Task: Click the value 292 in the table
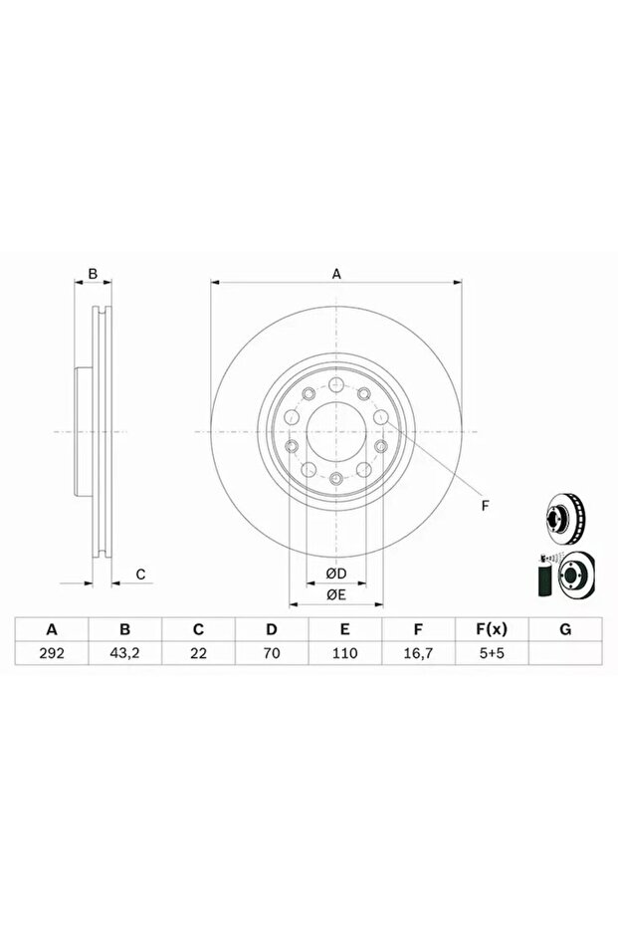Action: click(52, 655)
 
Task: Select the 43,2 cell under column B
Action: click(125, 655)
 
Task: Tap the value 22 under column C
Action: click(198, 655)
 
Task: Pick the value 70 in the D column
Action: click(271, 655)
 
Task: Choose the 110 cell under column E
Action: click(344, 655)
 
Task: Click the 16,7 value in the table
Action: click(418, 655)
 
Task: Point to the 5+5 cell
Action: click(492, 655)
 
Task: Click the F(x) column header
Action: click(492, 629)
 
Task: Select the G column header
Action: click(564, 629)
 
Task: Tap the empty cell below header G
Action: click(564, 655)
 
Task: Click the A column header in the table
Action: click(52, 629)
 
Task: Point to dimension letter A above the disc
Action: click(336, 273)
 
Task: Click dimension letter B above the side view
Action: click(93, 273)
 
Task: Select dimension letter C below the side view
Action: click(141, 574)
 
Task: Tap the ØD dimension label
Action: click(336, 574)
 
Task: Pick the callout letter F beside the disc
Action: click(486, 506)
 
